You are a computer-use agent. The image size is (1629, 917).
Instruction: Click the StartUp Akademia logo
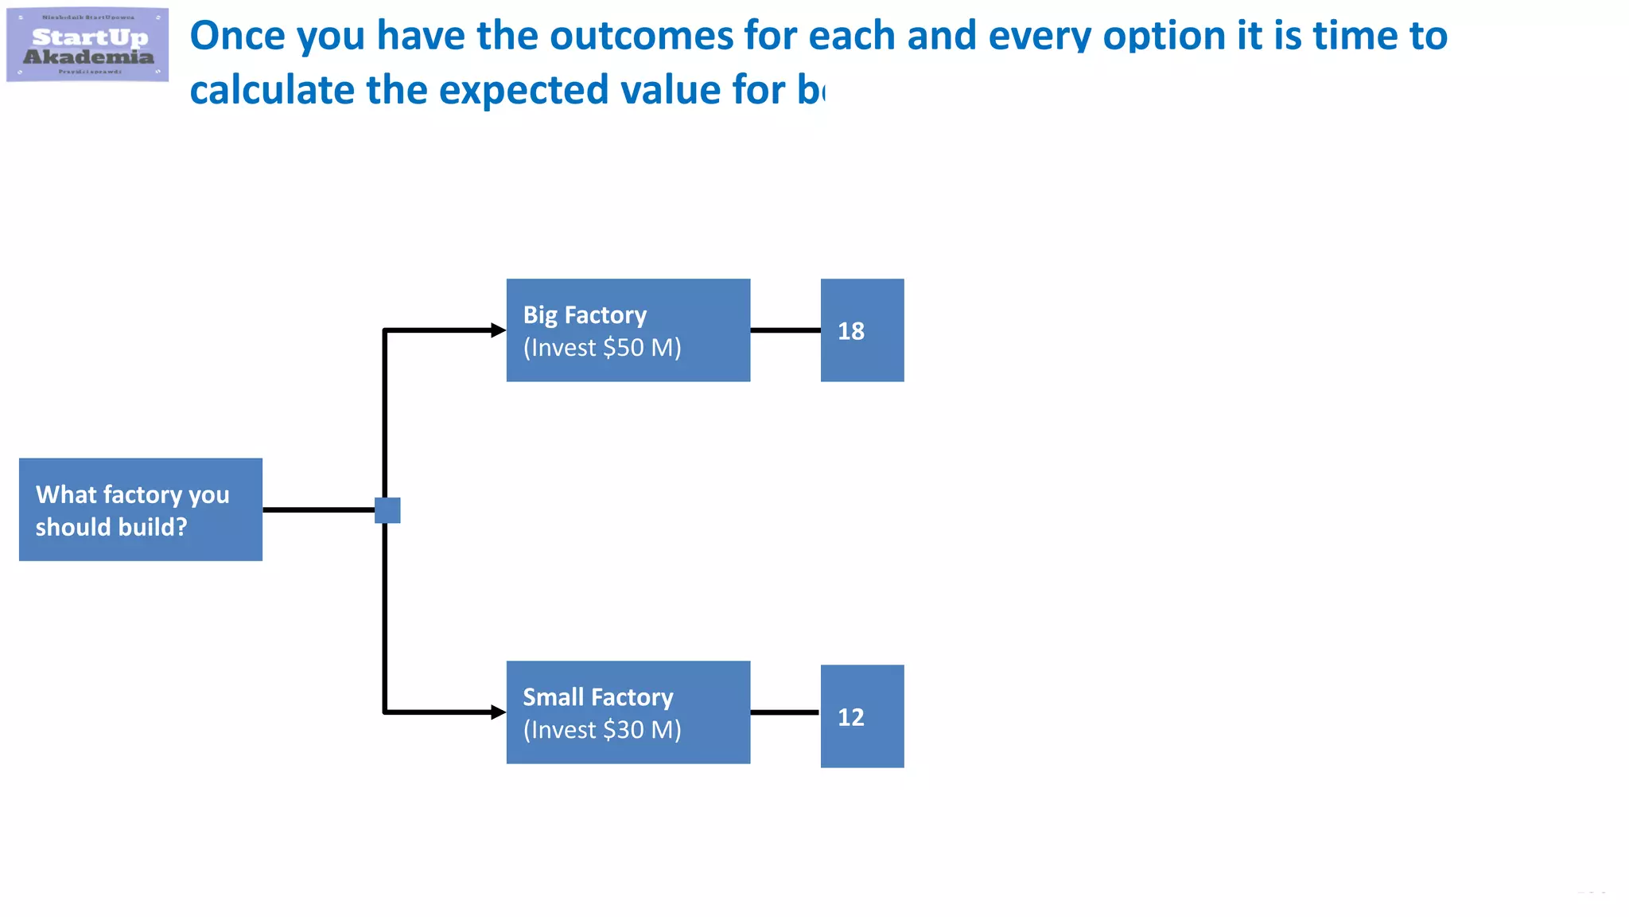click(x=87, y=45)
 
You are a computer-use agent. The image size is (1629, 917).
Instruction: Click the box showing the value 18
click(x=861, y=330)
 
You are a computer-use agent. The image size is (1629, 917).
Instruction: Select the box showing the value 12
click(x=861, y=716)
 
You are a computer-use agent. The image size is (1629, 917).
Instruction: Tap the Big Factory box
click(x=628, y=330)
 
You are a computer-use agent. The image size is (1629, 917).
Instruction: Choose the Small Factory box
click(x=628, y=712)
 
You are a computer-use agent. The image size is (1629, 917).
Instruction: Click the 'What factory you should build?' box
click(x=141, y=509)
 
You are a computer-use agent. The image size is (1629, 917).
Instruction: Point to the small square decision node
click(x=387, y=510)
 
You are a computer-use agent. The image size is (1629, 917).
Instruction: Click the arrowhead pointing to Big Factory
click(x=499, y=330)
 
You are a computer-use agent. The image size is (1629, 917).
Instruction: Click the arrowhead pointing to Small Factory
click(x=499, y=712)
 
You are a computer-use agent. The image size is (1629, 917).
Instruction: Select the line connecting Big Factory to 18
click(x=785, y=330)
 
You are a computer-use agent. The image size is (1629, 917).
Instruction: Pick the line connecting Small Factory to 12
click(x=785, y=712)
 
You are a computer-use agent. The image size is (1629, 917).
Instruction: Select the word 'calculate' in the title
click(x=268, y=90)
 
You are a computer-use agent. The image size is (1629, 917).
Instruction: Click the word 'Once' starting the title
click(x=237, y=36)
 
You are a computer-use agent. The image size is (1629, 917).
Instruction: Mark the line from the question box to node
click(x=318, y=510)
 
